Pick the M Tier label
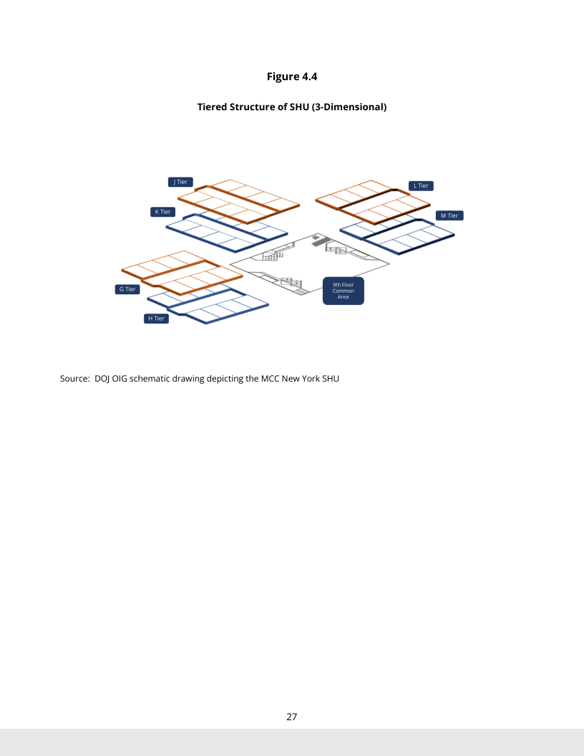(449, 215)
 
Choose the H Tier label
(155, 319)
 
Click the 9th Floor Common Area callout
(343, 291)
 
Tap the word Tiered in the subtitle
(214, 108)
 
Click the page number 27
(292, 716)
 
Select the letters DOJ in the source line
(103, 378)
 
